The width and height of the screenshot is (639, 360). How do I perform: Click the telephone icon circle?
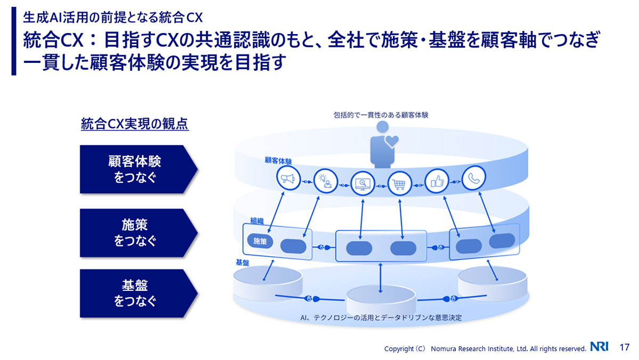472,178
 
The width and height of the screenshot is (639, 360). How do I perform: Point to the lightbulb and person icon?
325,181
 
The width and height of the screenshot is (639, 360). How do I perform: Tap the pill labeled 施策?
260,241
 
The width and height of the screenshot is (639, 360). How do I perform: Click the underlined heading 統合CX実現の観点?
135,125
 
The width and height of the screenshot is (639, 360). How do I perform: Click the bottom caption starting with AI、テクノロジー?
380,317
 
